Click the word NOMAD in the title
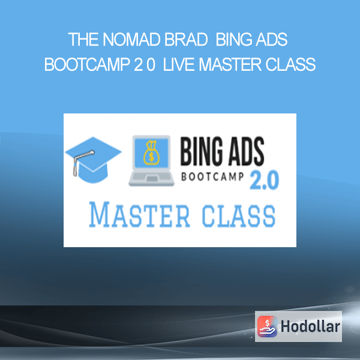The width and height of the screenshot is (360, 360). [131, 40]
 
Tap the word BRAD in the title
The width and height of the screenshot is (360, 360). [186, 40]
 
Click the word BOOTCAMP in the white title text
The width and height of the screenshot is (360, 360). [87, 64]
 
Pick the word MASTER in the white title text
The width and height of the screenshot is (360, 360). [230, 64]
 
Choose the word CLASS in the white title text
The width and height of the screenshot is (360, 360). [290, 64]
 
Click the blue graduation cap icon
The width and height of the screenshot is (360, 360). [93, 160]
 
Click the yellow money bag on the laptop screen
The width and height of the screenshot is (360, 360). [151, 153]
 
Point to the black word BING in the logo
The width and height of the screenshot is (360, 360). [202, 152]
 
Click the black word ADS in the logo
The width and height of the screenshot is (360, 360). [245, 152]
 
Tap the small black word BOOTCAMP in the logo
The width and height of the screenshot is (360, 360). [212, 177]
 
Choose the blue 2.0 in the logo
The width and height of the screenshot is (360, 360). [264, 181]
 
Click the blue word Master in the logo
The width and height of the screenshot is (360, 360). [140, 215]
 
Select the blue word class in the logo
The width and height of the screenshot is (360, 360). [239, 216]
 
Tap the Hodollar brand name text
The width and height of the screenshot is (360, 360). [310, 326]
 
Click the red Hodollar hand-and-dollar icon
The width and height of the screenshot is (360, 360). [267, 326]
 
